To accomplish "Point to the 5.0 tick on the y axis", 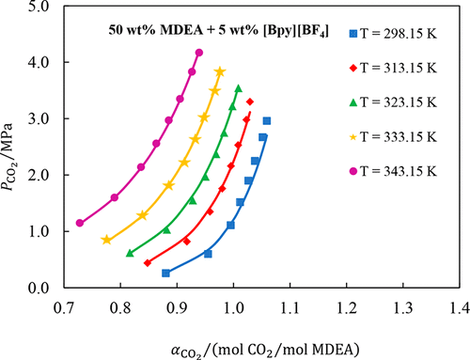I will pyautogui.click(x=40, y=7).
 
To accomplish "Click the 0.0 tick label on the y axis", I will pyautogui.click(x=40, y=288).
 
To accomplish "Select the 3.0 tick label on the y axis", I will pyautogui.click(x=40, y=119).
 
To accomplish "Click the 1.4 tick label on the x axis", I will pyautogui.click(x=459, y=306).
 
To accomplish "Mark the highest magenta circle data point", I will pyautogui.click(x=198, y=53).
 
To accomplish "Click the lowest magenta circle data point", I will pyautogui.click(x=80, y=224).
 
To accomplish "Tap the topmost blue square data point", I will pyautogui.click(x=267, y=120).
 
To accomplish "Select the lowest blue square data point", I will pyautogui.click(x=166, y=273).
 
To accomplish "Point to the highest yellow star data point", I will pyautogui.click(x=220, y=71).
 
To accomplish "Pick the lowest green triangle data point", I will pyautogui.click(x=130, y=253).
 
